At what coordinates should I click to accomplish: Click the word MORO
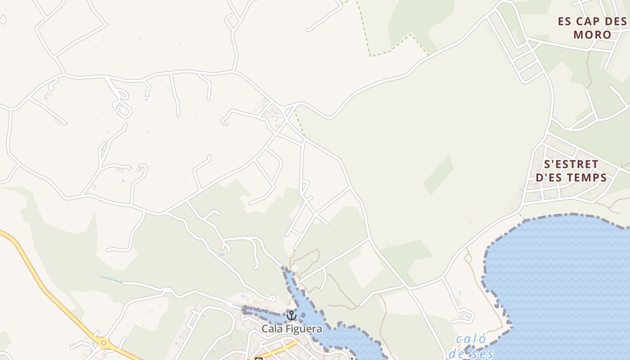(x=592, y=35)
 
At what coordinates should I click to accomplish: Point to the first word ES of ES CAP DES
(x=565, y=21)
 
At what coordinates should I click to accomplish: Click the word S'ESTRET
(x=571, y=164)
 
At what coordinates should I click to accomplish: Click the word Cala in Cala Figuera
(x=272, y=329)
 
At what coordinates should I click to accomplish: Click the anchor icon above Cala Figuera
(x=291, y=315)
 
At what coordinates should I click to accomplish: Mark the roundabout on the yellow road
(x=104, y=343)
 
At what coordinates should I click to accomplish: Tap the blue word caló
(x=471, y=339)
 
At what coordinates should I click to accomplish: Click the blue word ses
(x=483, y=354)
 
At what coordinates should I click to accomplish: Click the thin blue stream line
(x=111, y=279)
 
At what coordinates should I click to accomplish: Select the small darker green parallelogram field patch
(x=438, y=175)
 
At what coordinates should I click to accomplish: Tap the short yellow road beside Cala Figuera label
(x=281, y=348)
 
